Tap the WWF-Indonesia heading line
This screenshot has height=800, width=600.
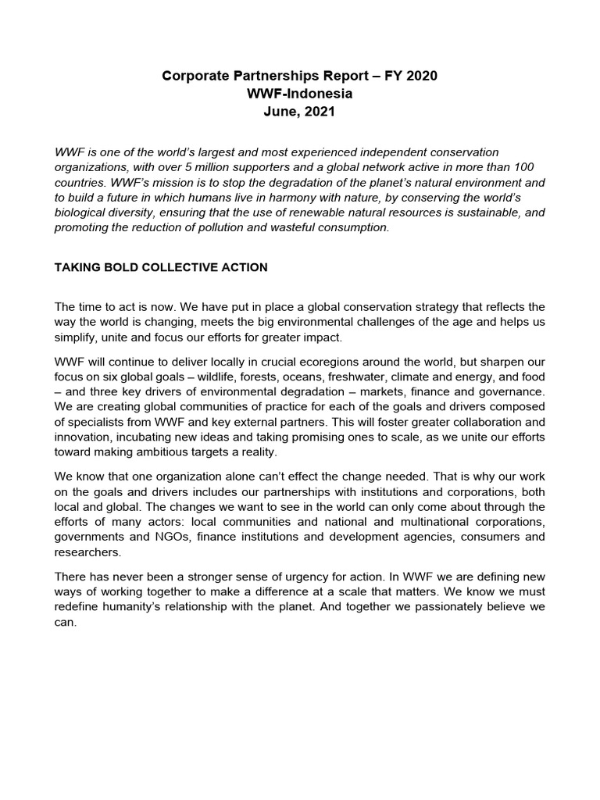(300, 94)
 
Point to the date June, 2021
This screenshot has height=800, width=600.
(300, 112)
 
